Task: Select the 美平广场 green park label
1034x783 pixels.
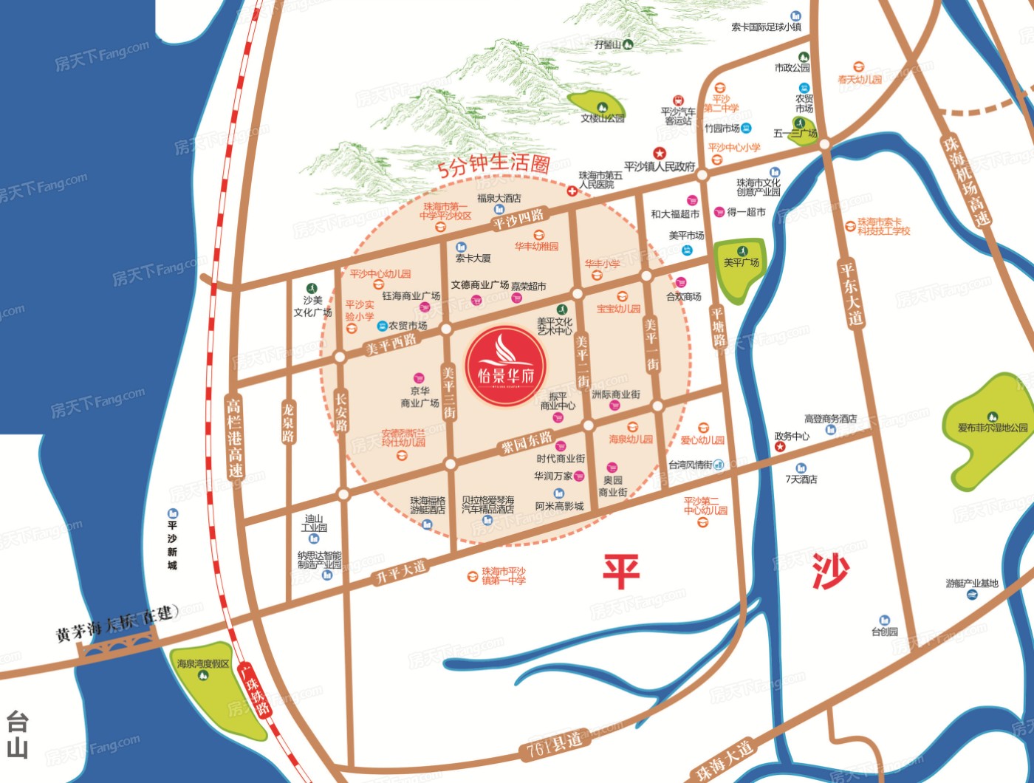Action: point(741,263)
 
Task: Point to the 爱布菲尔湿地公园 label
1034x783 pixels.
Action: point(993,428)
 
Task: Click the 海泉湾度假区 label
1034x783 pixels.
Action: point(203,664)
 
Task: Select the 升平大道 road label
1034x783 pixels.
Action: point(401,571)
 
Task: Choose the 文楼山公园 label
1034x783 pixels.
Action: point(603,118)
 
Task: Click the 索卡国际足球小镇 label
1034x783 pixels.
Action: point(767,27)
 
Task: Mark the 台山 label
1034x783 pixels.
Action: point(17,734)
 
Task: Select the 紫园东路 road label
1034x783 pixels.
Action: point(527,442)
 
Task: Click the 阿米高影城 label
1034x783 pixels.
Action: point(559,506)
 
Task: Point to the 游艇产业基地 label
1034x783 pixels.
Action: point(972,584)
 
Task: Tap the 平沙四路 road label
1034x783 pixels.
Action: point(518,219)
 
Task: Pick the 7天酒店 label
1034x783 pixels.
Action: point(801,479)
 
